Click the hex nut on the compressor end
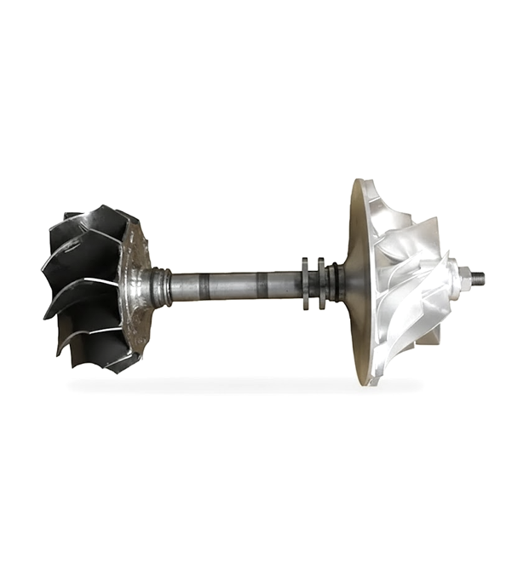(464, 277)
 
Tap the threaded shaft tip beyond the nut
(479, 278)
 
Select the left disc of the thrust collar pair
(305, 283)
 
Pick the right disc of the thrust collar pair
(321, 283)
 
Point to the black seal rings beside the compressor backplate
(336, 283)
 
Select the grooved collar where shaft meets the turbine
(160, 286)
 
